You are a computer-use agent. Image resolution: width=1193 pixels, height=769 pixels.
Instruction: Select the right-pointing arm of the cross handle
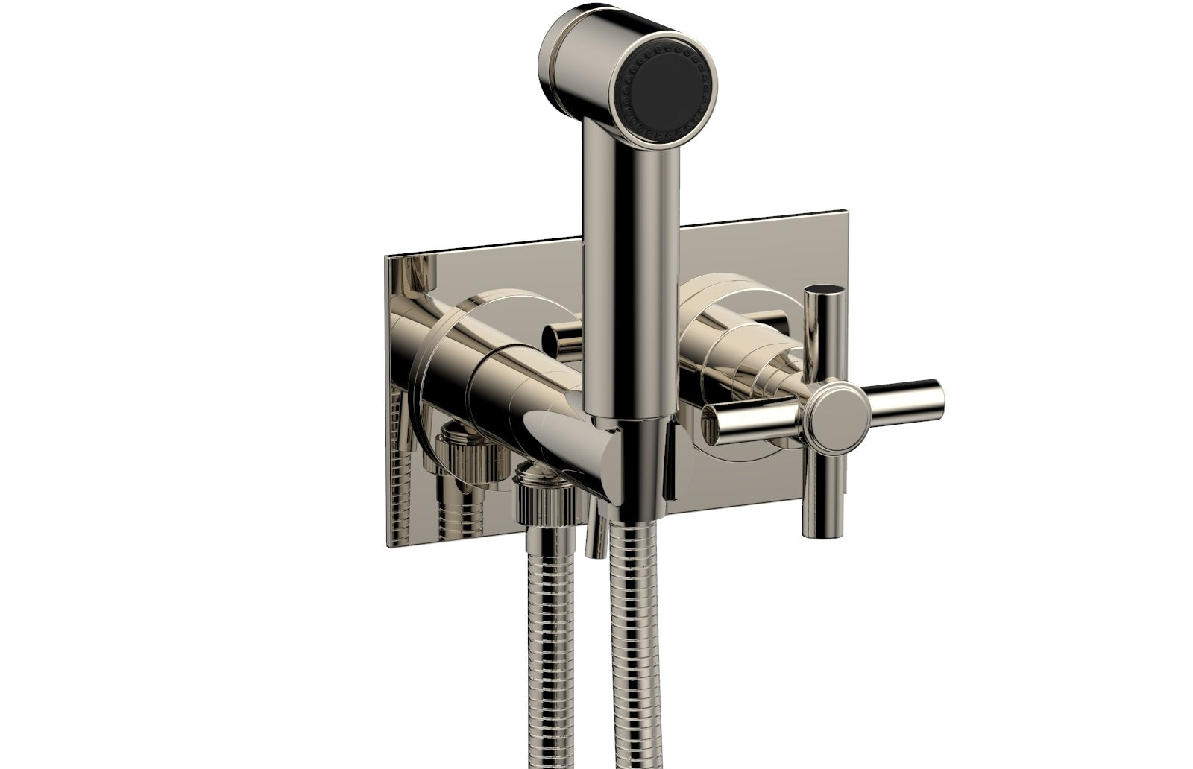[x=906, y=399]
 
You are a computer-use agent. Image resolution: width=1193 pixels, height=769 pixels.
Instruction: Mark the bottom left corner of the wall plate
[x=388, y=541]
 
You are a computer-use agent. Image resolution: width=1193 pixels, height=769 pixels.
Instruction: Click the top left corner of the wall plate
[x=386, y=257]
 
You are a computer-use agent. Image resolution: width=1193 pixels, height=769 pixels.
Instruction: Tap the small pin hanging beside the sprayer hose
[x=594, y=533]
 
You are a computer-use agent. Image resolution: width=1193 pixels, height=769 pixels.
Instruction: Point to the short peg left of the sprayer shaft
[x=563, y=339]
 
